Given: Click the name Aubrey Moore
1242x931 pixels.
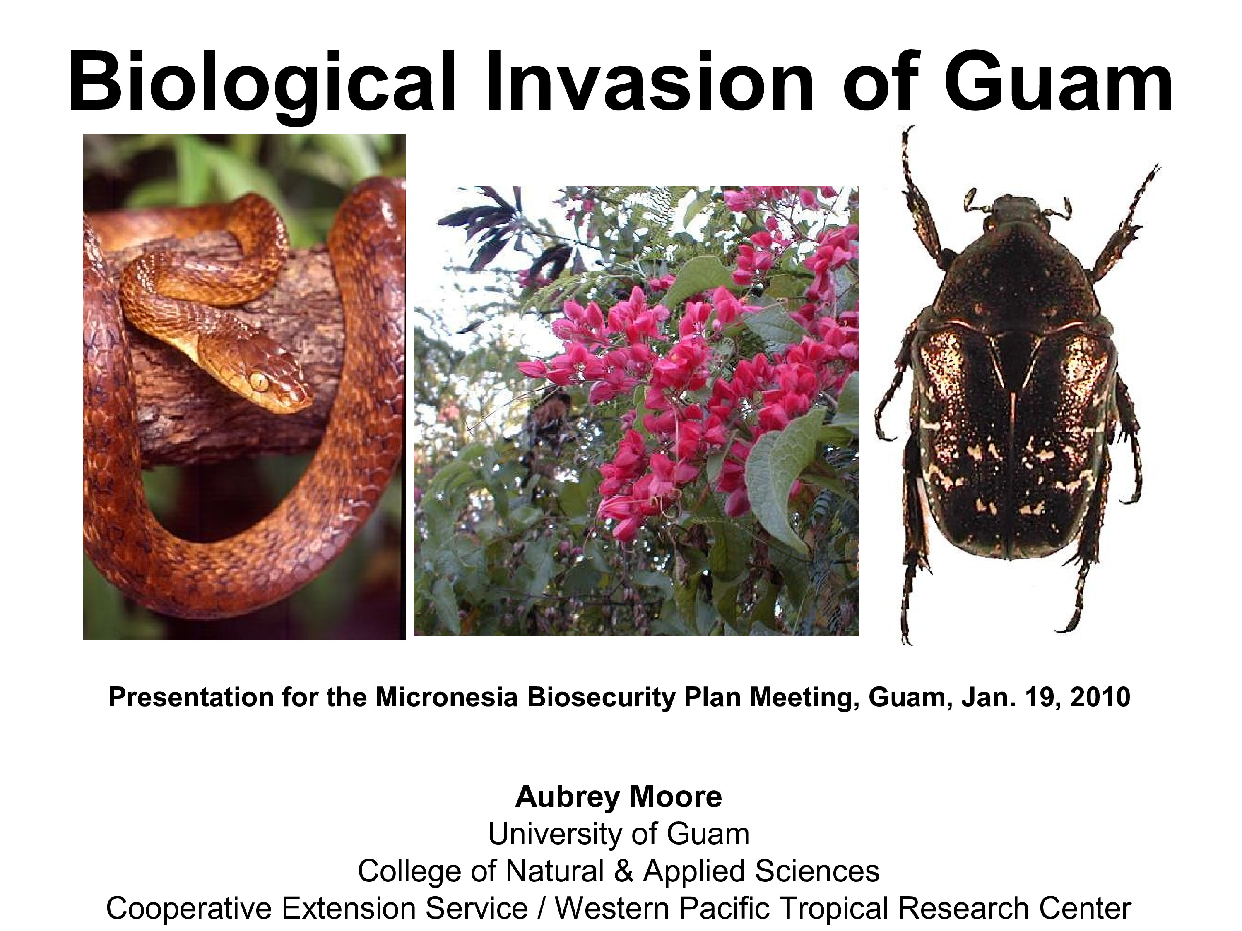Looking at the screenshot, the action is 618,797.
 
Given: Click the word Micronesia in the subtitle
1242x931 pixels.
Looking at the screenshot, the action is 446,697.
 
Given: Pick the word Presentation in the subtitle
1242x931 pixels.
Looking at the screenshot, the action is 190,697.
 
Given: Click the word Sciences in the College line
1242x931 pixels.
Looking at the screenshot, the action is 817,871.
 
